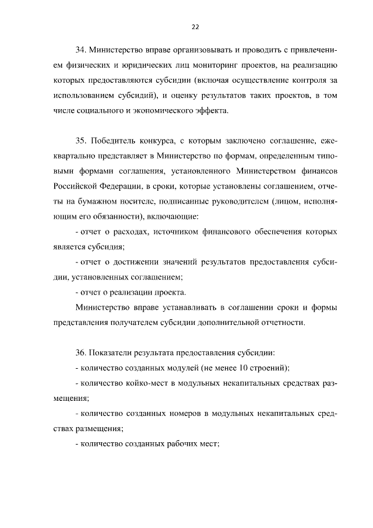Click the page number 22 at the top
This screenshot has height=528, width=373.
click(195, 26)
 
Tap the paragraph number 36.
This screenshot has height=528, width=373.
click(81, 353)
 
